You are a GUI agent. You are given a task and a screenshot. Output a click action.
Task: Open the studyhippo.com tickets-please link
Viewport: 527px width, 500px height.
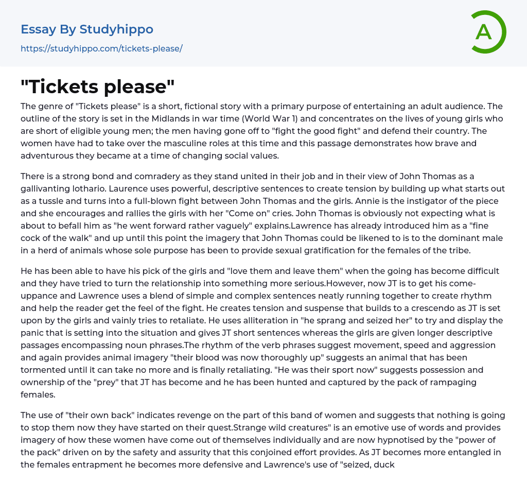[x=101, y=49]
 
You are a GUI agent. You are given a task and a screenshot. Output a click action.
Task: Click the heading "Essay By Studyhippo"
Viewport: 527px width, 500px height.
[x=87, y=29]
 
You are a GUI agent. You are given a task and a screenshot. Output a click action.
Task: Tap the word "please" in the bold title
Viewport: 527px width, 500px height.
[x=137, y=87]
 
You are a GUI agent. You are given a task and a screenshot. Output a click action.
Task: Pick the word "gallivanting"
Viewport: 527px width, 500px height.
[x=46, y=188]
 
